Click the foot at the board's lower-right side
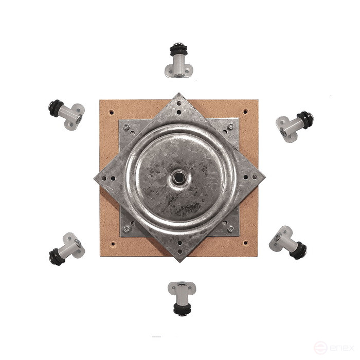click(288, 241)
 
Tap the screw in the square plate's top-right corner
click(230, 126)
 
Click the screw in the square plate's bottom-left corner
click(127, 228)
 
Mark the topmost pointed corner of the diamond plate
click(179, 94)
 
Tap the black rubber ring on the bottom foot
click(181, 309)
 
